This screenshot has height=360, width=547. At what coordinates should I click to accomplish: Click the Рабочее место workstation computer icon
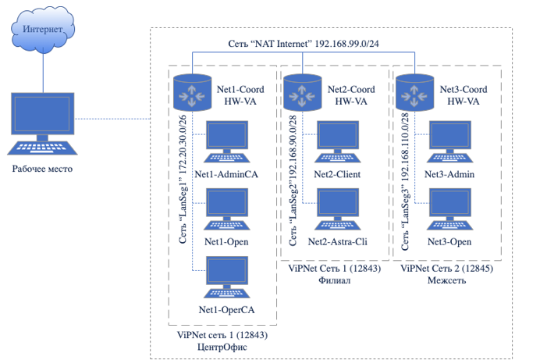(44, 124)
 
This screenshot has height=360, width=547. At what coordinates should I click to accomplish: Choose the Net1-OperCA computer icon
(226, 280)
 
